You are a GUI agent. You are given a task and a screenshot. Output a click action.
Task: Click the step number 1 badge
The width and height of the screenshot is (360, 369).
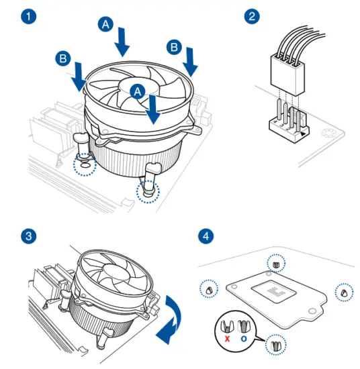point(29,17)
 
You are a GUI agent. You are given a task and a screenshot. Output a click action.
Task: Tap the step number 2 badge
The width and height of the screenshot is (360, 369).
point(252,17)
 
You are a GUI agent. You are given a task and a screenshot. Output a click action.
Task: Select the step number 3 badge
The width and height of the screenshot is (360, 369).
point(29,236)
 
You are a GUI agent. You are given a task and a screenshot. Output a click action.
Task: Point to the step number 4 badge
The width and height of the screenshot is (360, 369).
point(206,236)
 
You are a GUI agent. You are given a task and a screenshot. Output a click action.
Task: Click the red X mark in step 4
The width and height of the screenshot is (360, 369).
point(227,339)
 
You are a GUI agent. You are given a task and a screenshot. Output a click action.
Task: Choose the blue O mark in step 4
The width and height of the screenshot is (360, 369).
point(244,339)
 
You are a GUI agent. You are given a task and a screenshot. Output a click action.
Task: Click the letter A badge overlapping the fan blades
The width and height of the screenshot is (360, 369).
point(138,91)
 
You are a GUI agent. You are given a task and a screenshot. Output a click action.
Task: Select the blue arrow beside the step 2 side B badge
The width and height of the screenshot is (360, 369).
point(190,62)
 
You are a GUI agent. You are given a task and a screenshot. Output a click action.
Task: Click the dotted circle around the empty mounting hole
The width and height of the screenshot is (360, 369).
point(85,164)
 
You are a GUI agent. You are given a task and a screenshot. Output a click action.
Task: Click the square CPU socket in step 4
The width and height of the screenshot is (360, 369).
point(273,291)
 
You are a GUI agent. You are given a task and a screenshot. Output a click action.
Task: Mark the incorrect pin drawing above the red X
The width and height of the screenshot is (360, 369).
point(226,327)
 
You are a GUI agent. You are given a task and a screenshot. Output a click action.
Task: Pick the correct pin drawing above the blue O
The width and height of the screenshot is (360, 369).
point(244,326)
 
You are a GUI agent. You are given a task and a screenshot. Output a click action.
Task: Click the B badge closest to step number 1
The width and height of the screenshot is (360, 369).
point(63,58)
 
